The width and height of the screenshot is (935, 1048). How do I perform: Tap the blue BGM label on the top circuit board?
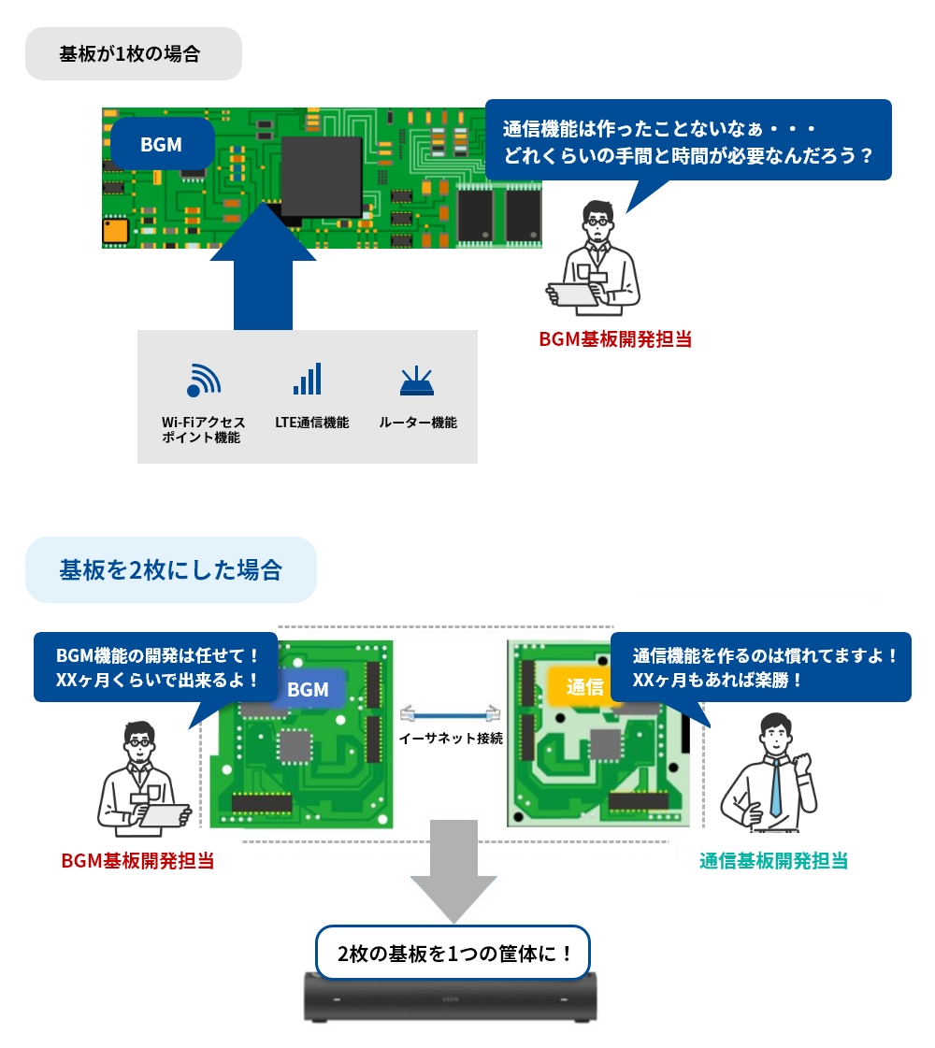tap(161, 145)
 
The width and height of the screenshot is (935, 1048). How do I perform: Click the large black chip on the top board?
tap(321, 175)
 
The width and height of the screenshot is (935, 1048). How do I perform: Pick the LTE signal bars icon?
tap(308, 379)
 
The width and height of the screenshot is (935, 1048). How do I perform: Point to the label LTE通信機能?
tap(311, 423)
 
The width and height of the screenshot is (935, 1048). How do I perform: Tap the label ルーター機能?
tap(417, 423)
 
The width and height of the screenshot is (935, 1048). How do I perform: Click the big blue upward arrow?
tap(263, 271)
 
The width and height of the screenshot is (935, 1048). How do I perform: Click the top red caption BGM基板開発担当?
tap(615, 338)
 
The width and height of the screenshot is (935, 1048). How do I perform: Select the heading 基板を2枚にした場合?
tap(170, 569)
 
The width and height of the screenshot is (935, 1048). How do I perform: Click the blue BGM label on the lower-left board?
tap(308, 690)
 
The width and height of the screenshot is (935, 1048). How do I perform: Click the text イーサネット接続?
tap(451, 738)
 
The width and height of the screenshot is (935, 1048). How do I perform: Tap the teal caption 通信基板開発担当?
tap(773, 861)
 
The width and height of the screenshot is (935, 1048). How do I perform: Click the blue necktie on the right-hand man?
tap(775, 785)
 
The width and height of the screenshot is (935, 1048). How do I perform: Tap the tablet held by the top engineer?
tap(572, 294)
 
